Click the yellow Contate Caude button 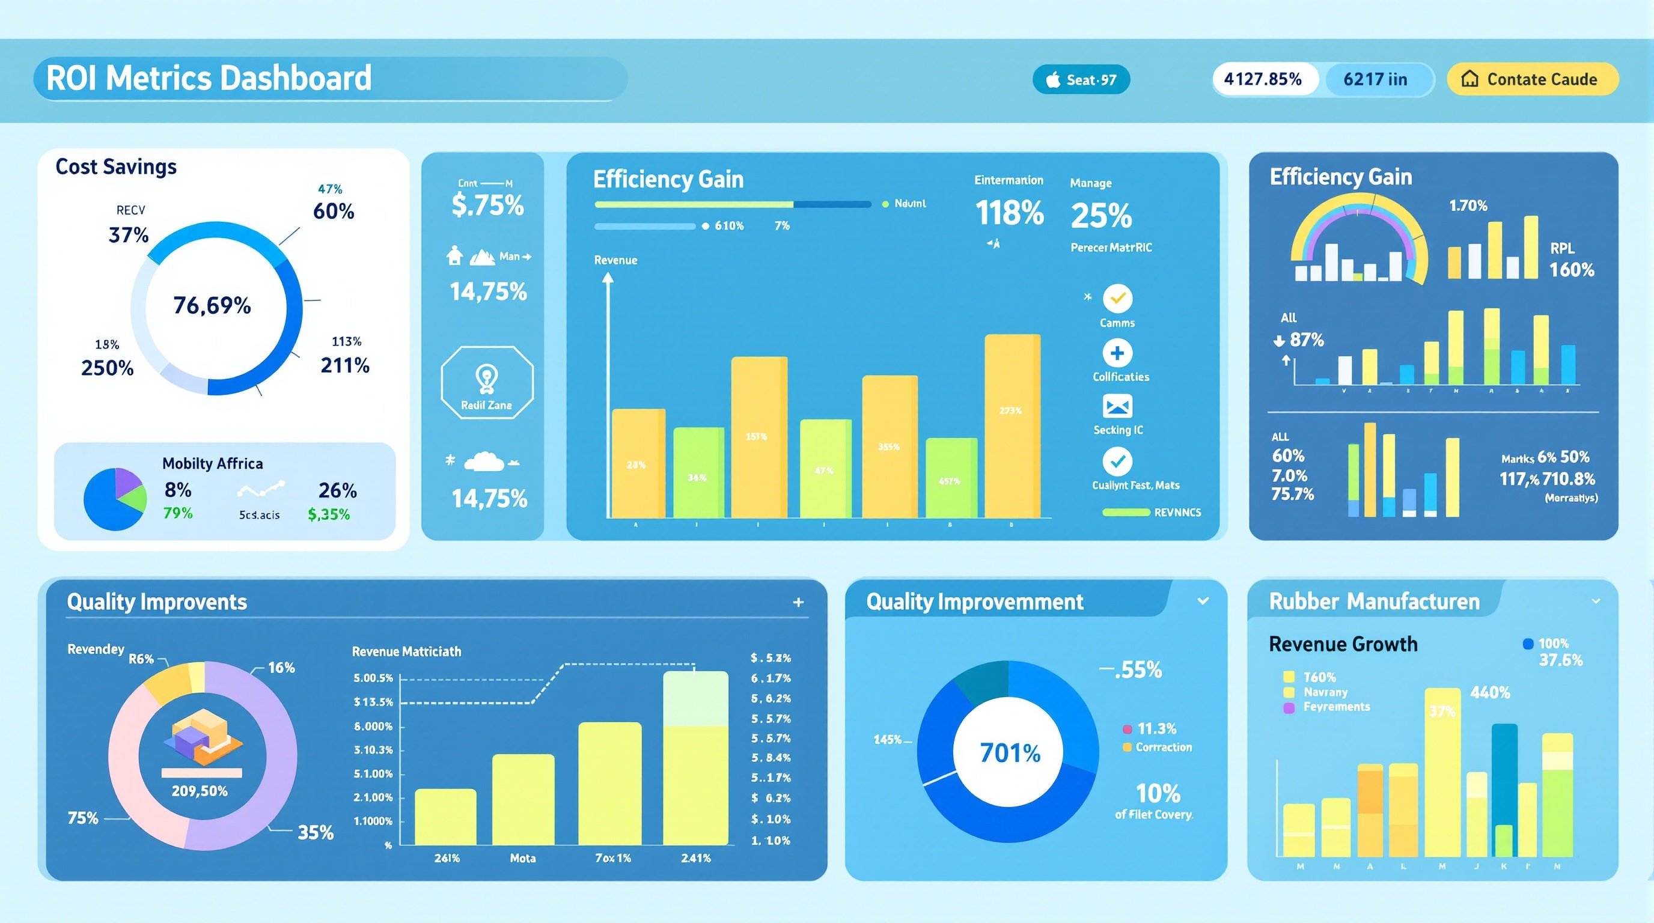click(x=1532, y=79)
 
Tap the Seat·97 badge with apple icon click(x=1081, y=79)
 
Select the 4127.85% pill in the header click(x=1263, y=79)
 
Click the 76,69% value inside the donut click(x=212, y=305)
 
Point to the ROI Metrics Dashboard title click(x=209, y=78)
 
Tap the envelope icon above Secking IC click(x=1117, y=406)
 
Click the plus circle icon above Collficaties click(x=1117, y=353)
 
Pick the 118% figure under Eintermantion click(x=1009, y=213)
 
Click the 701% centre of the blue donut click(x=1009, y=753)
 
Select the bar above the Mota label click(x=523, y=799)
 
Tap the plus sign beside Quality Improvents click(x=798, y=602)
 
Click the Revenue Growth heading click(x=1343, y=644)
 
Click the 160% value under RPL click(x=1572, y=270)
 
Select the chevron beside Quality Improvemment click(x=1203, y=601)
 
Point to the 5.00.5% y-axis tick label click(x=373, y=678)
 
